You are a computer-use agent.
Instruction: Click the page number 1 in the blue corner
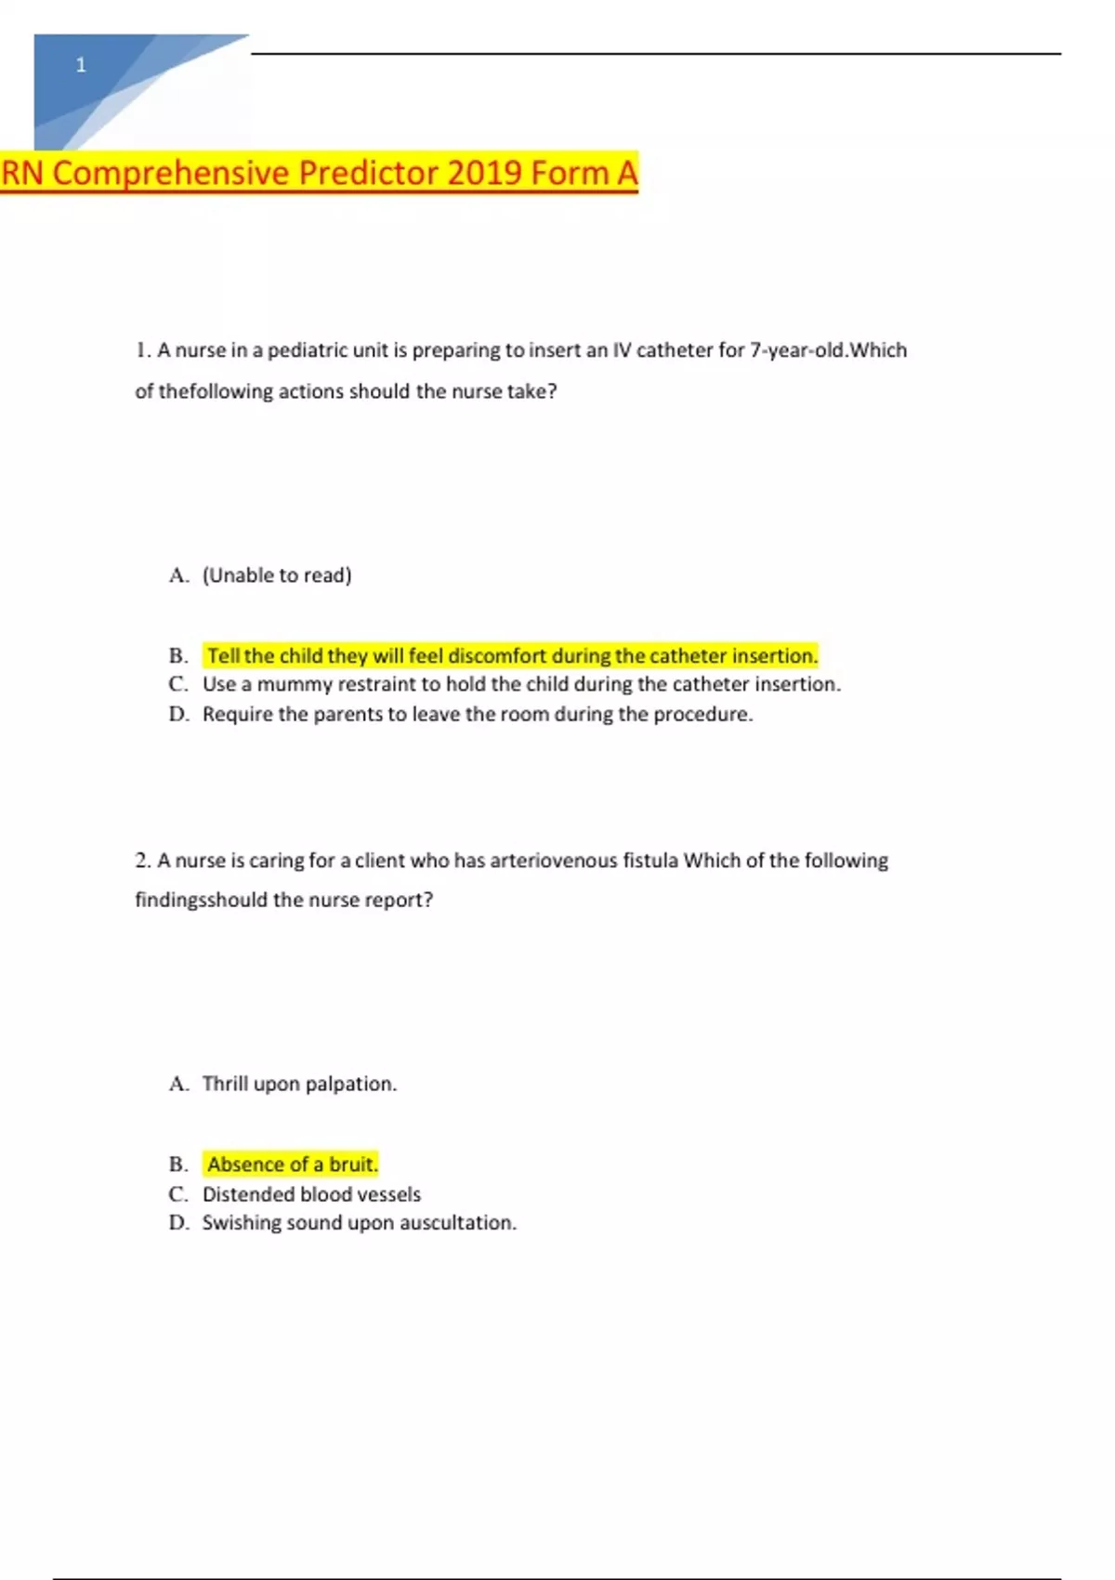[x=81, y=65]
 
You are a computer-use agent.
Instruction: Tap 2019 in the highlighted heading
[x=483, y=173]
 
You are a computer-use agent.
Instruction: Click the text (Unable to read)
[x=277, y=575]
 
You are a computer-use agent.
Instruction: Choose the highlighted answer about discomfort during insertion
[x=512, y=656]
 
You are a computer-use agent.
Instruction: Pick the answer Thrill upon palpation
[x=299, y=1084]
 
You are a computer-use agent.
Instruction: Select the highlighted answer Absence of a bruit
[x=292, y=1165]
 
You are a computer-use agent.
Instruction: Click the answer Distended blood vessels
[x=311, y=1194]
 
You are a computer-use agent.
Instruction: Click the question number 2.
[x=142, y=861]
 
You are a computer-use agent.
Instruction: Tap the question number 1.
[x=142, y=350]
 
